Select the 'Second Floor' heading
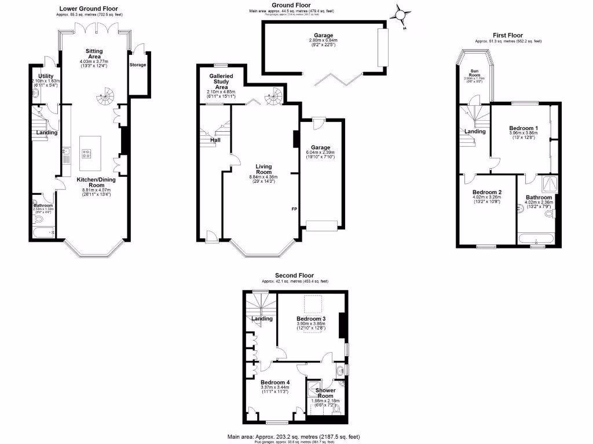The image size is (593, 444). coord(294,276)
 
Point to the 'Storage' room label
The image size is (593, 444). coord(138,65)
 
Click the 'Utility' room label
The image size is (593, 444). coord(46,76)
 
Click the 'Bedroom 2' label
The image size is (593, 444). coord(486,192)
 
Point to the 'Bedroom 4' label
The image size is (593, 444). coord(274,382)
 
